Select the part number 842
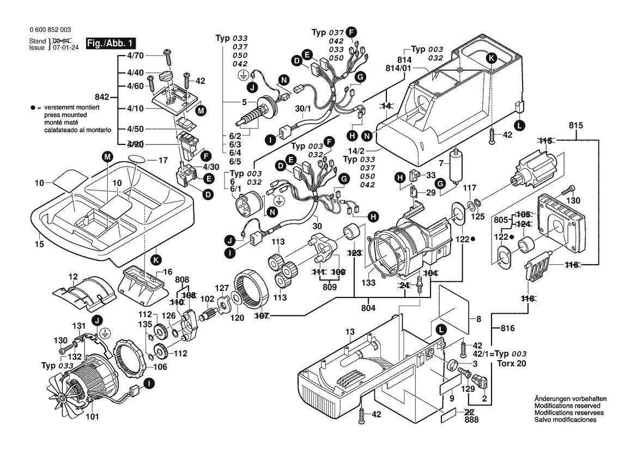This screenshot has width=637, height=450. coord(102,98)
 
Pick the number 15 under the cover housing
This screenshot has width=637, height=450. coord(39,245)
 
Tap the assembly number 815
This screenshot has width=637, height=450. coord(575,125)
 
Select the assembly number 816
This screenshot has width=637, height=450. coord(507,329)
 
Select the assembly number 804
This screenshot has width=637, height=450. coord(368,307)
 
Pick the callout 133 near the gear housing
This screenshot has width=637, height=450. coord(368,283)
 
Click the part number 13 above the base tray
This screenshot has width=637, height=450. coord(349,331)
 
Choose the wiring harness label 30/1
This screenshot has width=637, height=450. coord(302,109)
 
